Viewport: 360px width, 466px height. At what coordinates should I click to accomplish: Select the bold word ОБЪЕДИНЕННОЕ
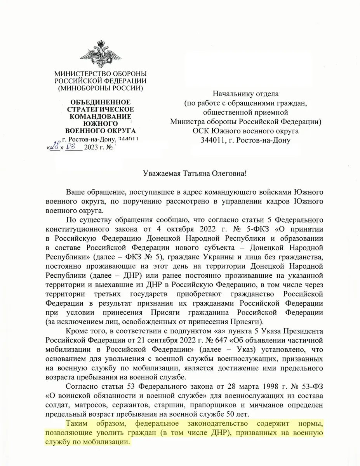(100, 103)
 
